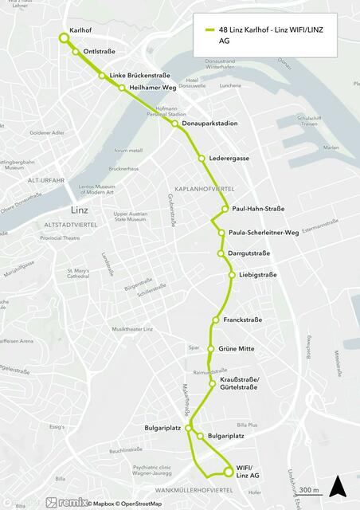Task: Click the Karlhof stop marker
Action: pyautogui.click(x=64, y=37)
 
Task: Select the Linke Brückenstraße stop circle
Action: pyautogui.click(x=102, y=76)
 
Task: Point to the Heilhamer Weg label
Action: pyautogui.click(x=152, y=88)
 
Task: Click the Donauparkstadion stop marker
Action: pyautogui.click(x=174, y=124)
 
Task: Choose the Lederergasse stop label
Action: pyautogui.click(x=229, y=158)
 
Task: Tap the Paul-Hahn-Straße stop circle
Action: pyautogui.click(x=225, y=209)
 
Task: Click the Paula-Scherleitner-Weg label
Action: pyautogui.click(x=263, y=233)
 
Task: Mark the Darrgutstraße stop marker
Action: pyautogui.click(x=221, y=253)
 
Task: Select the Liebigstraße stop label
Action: pyautogui.click(x=257, y=275)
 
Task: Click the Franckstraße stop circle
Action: pyautogui.click(x=216, y=320)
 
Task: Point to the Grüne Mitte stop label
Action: pyautogui.click(x=236, y=348)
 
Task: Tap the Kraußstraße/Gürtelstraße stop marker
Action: pyautogui.click(x=213, y=383)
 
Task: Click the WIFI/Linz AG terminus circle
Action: pyautogui.click(x=229, y=471)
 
